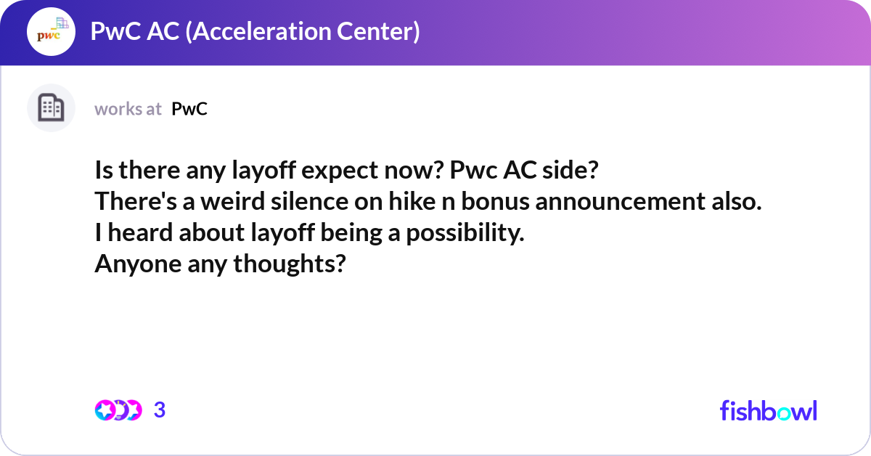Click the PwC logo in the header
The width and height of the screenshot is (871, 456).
coord(51,33)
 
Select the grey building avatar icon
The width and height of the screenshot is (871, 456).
coord(51,108)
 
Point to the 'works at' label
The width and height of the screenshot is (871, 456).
coord(128,109)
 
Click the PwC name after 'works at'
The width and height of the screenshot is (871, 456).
coord(189,109)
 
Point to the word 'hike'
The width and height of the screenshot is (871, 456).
coord(409,203)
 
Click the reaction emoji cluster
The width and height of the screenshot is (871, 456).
coord(118,410)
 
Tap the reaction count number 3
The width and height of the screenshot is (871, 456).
coord(160,410)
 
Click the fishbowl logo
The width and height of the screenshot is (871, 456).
coord(768,410)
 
